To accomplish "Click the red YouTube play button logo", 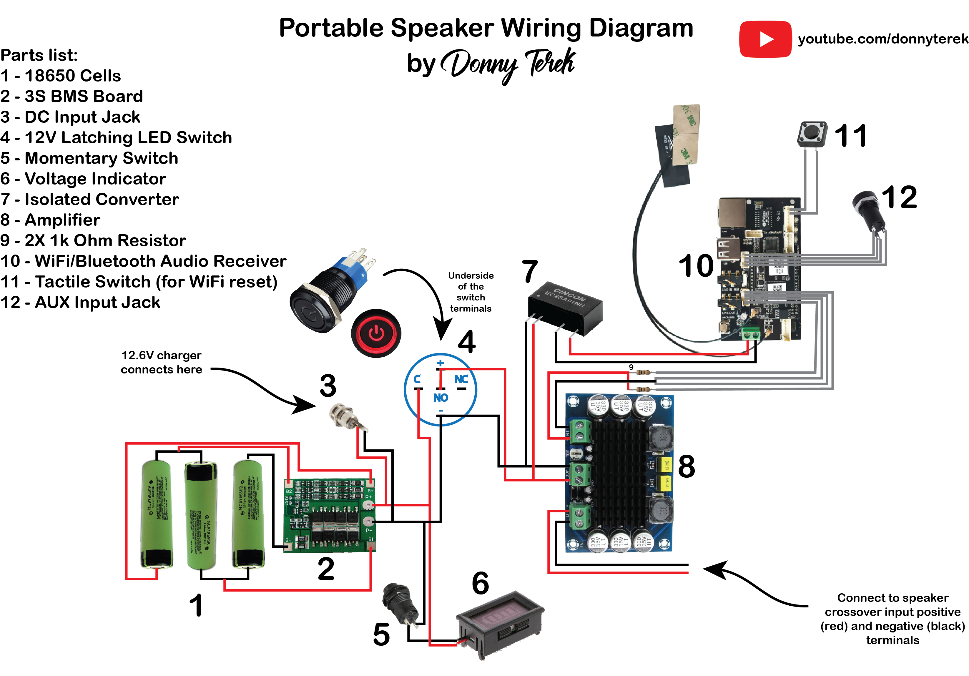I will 765,39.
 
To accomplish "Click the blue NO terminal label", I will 441,398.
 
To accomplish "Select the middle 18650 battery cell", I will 201,515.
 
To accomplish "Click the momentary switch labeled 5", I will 399,603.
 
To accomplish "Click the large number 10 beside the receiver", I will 696,266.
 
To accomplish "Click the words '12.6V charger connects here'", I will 161,362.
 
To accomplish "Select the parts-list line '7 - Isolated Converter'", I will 89,199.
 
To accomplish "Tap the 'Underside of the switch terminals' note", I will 471,292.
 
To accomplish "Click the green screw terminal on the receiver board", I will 750,334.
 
